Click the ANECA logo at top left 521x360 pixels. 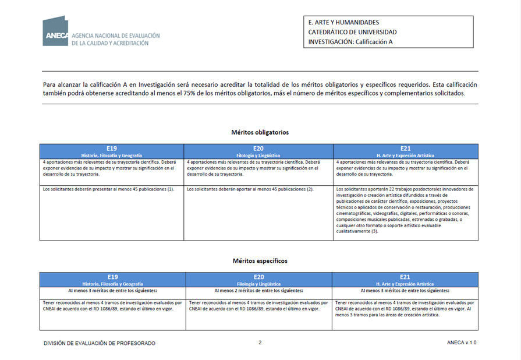(56, 31)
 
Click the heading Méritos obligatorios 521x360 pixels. (260, 132)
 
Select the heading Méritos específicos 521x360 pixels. (260, 260)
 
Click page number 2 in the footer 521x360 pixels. (260, 343)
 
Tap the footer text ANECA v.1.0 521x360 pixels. (462, 343)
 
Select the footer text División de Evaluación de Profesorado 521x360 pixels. (100, 343)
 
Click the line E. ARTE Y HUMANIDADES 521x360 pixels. (343, 23)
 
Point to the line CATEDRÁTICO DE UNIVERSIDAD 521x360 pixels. (352, 32)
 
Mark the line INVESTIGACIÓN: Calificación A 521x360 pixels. (350, 42)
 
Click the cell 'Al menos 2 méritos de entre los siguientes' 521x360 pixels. (258, 290)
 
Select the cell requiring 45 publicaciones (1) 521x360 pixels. (109, 189)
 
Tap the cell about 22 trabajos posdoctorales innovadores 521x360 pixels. (405, 210)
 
